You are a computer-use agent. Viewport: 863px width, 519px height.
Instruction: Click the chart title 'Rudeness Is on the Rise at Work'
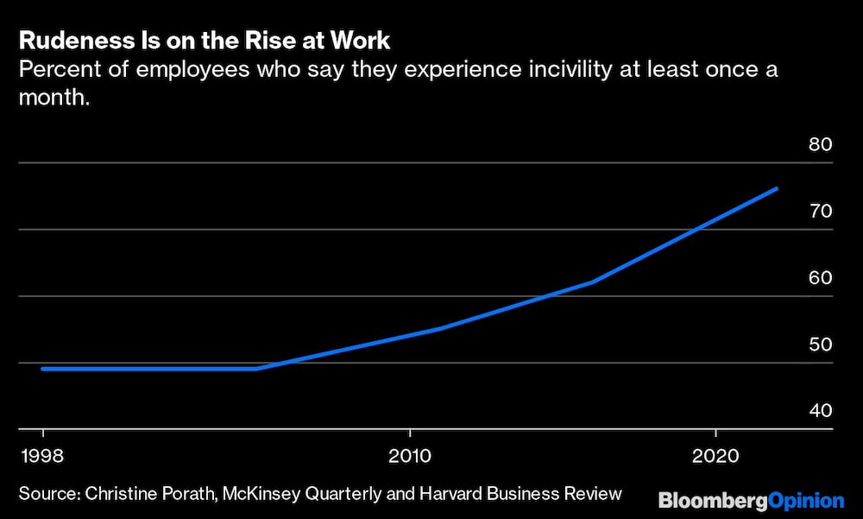tap(205, 41)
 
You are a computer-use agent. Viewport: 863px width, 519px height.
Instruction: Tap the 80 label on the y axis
tap(820, 144)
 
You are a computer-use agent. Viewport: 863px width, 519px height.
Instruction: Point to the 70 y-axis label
tap(820, 211)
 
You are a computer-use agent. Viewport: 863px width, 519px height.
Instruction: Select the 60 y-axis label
tap(820, 277)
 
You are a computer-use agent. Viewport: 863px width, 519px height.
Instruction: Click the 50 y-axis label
tap(820, 344)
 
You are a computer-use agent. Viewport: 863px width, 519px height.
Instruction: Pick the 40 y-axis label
tap(820, 410)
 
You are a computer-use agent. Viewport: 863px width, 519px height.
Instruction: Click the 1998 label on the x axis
tap(42, 455)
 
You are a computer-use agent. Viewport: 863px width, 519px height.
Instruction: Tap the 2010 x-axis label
tap(409, 455)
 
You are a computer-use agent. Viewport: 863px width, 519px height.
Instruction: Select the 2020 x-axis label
tap(715, 455)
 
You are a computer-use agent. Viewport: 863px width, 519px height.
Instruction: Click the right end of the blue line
tap(777, 188)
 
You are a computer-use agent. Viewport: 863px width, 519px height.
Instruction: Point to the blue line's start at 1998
tap(43, 369)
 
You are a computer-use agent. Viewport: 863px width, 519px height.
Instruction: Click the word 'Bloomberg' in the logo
tap(699, 499)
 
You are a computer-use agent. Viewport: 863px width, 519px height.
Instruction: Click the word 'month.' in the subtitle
tap(54, 98)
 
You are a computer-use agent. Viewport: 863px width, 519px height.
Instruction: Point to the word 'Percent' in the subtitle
tap(52, 69)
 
